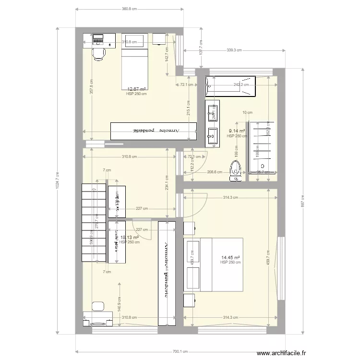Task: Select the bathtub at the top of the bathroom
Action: point(230,85)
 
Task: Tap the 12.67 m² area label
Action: point(137,89)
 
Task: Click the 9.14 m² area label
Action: point(237,131)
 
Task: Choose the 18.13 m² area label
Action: point(130,237)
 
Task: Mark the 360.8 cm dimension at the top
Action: point(130,9)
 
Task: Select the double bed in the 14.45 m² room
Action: point(221,264)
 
